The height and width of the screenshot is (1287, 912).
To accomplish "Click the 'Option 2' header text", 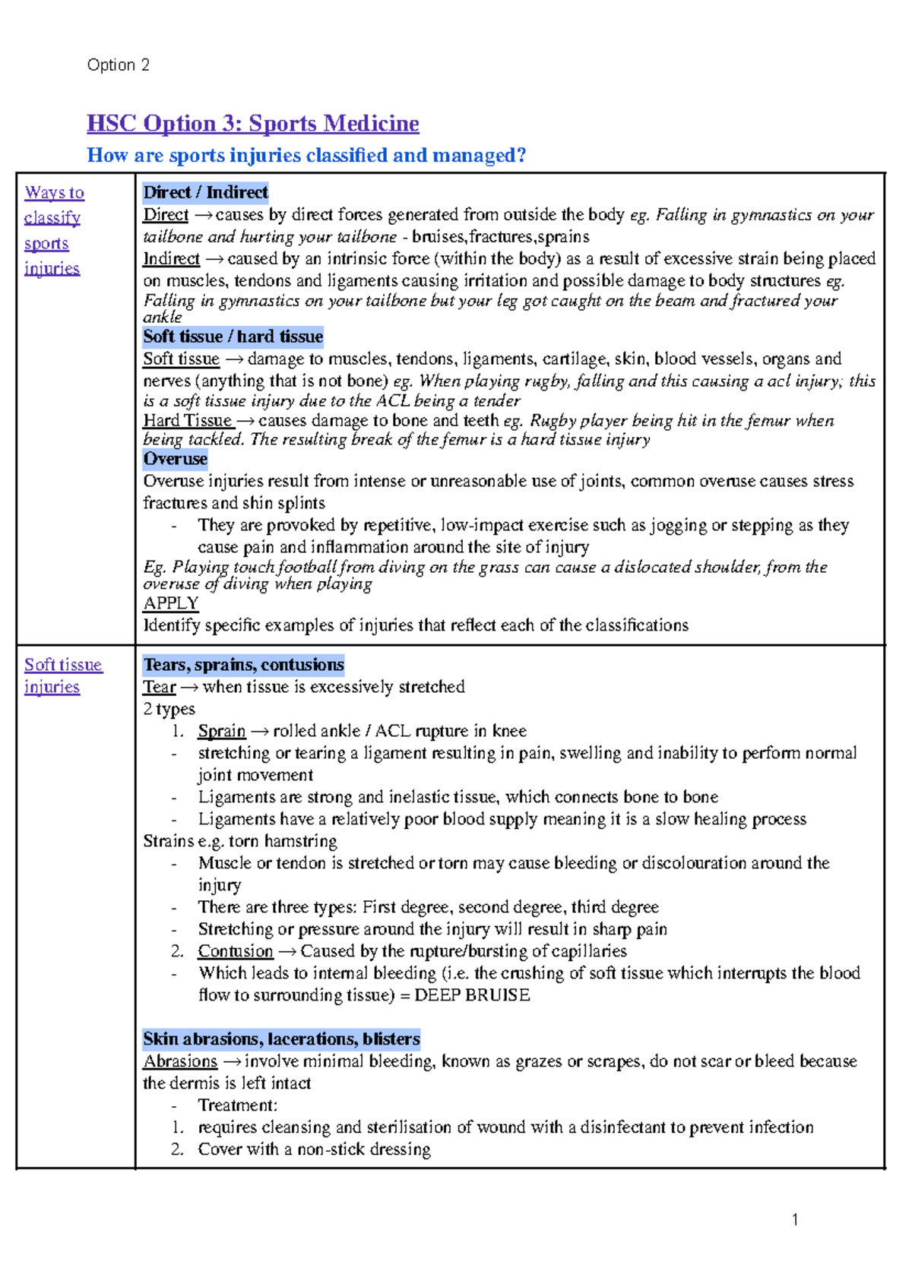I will point(118,65).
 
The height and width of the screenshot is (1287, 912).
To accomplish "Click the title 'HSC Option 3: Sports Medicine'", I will point(252,123).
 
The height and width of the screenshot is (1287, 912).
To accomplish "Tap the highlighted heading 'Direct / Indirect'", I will point(205,192).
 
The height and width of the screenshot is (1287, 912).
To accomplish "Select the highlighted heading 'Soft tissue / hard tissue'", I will point(233,337).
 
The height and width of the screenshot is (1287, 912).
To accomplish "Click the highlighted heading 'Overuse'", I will point(175,459).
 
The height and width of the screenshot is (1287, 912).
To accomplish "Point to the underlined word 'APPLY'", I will point(170,603).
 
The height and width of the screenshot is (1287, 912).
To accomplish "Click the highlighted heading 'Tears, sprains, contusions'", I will point(243,665).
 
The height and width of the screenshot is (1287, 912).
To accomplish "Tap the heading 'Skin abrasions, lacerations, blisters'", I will point(281,1039).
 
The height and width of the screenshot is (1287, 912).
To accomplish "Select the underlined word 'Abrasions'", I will point(180,1061).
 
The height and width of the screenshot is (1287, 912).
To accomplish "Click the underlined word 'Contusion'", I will point(235,951).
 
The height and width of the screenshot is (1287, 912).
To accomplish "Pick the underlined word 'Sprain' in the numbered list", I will point(221,731).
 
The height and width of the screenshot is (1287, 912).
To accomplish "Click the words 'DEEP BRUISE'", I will point(472,995).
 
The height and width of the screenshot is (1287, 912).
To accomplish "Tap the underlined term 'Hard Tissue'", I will point(188,421).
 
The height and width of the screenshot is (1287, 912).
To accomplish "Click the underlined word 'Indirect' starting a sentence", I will point(171,259).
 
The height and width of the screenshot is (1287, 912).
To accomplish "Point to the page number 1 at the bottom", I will point(795,1220).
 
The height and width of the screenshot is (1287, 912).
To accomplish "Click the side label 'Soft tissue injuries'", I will point(62,675).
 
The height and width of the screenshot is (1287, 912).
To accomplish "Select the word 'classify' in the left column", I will point(52,218).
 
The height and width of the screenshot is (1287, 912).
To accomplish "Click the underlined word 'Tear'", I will point(159,687).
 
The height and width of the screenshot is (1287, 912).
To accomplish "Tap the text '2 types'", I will point(169,709).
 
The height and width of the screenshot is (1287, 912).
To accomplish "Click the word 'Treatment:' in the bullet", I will point(238,1105).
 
